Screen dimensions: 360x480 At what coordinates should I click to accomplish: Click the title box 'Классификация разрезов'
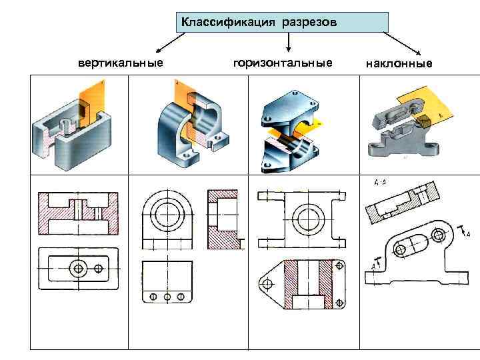coord(283,22)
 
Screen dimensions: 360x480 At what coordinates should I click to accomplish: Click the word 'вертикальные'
coord(121,63)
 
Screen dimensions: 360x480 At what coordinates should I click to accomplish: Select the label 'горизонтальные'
coord(283,63)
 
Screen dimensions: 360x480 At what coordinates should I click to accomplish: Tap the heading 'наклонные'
coord(399,64)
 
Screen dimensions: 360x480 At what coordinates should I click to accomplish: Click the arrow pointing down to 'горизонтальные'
coord(288,43)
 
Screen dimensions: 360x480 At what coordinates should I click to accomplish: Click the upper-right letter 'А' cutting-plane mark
coord(468,234)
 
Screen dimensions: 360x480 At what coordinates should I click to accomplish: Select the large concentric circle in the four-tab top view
coord(309,217)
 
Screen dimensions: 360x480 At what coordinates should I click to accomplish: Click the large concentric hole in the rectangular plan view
coord(79,268)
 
